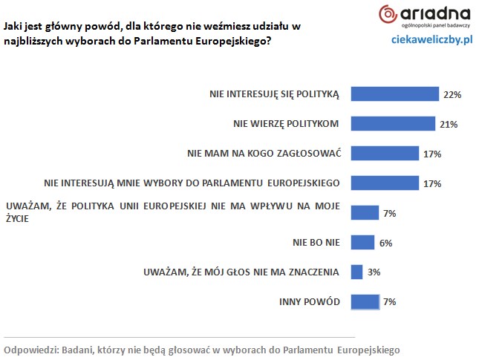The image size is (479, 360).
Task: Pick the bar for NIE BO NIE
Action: pyautogui.click(x=362, y=242)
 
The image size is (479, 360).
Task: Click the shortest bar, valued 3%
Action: pyautogui.click(x=356, y=272)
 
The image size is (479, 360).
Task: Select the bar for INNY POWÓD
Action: pyautogui.click(x=365, y=301)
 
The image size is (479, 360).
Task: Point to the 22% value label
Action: pyautogui.click(x=453, y=95)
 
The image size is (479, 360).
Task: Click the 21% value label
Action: pyautogui.click(x=449, y=124)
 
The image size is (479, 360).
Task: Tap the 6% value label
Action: pyautogui.click(x=385, y=243)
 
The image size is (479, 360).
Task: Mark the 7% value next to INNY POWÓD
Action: pyautogui.click(x=390, y=302)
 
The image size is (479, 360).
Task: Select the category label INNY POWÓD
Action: pyautogui.click(x=310, y=301)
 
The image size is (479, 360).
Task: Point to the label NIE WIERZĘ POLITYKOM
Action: pyautogui.click(x=286, y=123)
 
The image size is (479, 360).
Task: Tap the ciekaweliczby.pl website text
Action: pyautogui.click(x=432, y=39)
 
